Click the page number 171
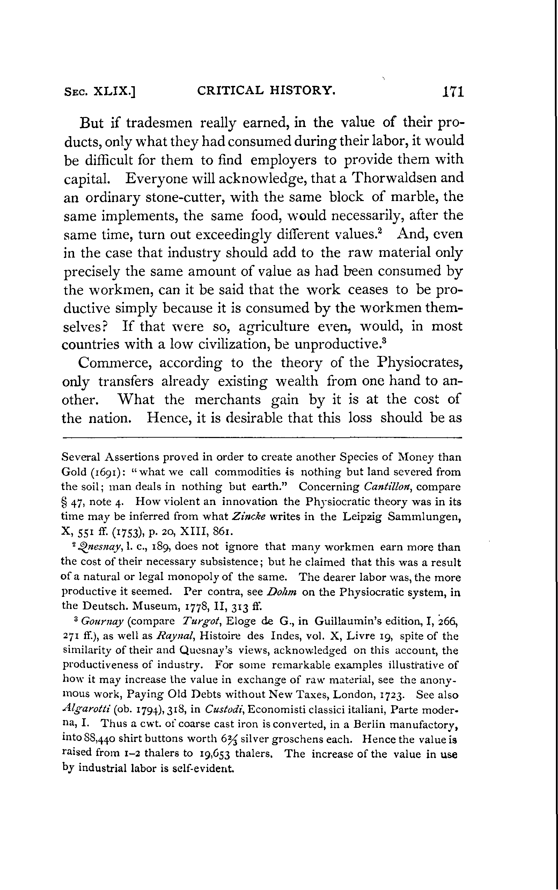pos(453,91)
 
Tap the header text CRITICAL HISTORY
pos(266,90)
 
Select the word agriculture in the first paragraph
pos(274,326)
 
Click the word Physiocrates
pos(420,363)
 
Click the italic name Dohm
pos(281,592)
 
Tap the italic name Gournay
pos(102,622)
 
